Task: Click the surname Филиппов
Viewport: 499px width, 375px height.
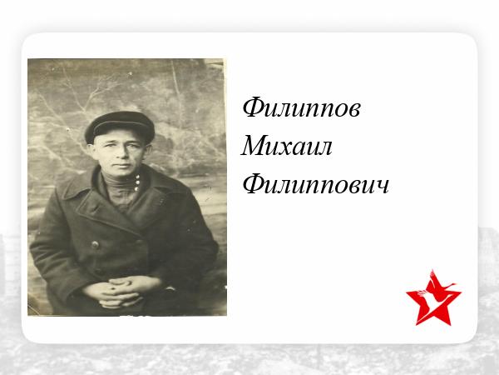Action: coord(301,107)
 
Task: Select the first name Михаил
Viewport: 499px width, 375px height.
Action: coord(286,146)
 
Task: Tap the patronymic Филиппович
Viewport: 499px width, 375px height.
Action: coord(316,184)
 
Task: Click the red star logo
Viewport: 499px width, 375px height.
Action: coord(433,299)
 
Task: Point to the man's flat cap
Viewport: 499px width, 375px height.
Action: coord(119,125)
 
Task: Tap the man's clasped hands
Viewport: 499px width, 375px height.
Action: coord(121,291)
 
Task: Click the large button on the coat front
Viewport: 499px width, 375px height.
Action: coord(95,245)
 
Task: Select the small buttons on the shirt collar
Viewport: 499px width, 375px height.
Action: coord(137,183)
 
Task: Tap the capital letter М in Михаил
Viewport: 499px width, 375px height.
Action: coord(255,146)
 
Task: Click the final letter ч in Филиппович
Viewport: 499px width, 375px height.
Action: coord(383,187)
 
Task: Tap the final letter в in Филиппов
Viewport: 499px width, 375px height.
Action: coord(354,110)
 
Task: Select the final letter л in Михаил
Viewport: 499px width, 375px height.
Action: coord(324,148)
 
